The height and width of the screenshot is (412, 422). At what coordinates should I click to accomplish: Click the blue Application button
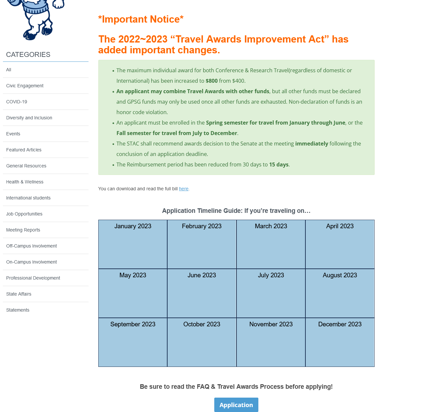point(236,405)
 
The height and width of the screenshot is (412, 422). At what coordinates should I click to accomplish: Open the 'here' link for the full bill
point(184,189)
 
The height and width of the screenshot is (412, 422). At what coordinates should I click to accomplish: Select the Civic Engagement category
point(25,86)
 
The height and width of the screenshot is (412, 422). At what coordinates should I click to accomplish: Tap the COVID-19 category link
point(17,102)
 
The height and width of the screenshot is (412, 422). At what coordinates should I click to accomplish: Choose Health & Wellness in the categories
point(25,182)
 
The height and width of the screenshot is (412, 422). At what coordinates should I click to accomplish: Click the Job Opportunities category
point(24,214)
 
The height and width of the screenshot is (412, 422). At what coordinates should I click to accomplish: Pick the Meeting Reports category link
point(23,230)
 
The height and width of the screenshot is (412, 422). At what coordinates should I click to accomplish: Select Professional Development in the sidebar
point(33,278)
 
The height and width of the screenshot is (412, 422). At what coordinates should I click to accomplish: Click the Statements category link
point(18,310)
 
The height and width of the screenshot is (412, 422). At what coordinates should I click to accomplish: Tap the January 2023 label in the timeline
point(133,226)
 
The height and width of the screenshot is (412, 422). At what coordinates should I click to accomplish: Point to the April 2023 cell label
point(340,226)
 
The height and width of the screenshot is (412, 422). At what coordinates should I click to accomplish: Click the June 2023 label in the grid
point(202,275)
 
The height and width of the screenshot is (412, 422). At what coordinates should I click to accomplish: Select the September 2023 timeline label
point(133,324)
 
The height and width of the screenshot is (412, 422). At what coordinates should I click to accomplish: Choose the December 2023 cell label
point(340,324)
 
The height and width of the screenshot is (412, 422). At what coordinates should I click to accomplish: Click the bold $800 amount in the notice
point(212,81)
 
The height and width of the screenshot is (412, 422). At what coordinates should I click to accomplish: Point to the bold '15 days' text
point(279,164)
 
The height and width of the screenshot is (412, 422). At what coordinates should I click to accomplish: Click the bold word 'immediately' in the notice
point(312,144)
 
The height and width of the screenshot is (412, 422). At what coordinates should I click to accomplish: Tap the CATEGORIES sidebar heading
point(28,55)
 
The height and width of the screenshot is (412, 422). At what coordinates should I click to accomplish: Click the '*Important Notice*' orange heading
point(141,19)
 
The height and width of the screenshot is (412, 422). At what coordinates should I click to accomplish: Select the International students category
point(28,198)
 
